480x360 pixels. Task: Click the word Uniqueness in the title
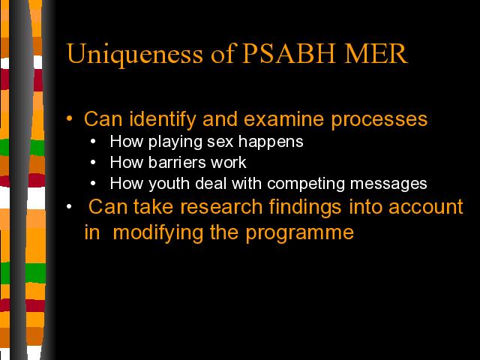click(x=134, y=55)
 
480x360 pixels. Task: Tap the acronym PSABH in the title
click(x=289, y=53)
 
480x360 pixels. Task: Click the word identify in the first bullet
click(x=163, y=120)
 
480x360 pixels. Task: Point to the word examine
click(x=283, y=119)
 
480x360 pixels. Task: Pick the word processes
click(x=379, y=120)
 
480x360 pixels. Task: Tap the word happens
click(x=271, y=142)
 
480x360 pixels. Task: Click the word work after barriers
click(x=228, y=162)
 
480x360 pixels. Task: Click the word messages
click(x=388, y=184)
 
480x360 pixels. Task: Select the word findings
click(x=305, y=208)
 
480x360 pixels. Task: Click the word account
click(x=426, y=207)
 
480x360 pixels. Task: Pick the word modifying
click(x=158, y=233)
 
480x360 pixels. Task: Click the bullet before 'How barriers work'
click(x=93, y=163)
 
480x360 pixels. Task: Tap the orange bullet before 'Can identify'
click(x=70, y=118)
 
